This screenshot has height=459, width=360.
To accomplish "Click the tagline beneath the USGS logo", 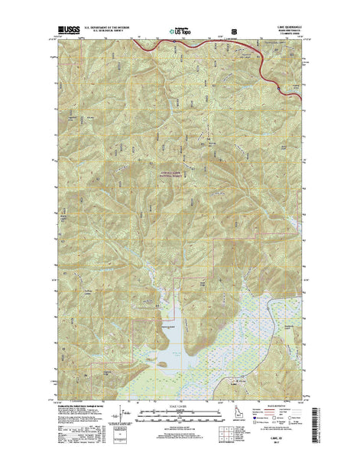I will (66, 37).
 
